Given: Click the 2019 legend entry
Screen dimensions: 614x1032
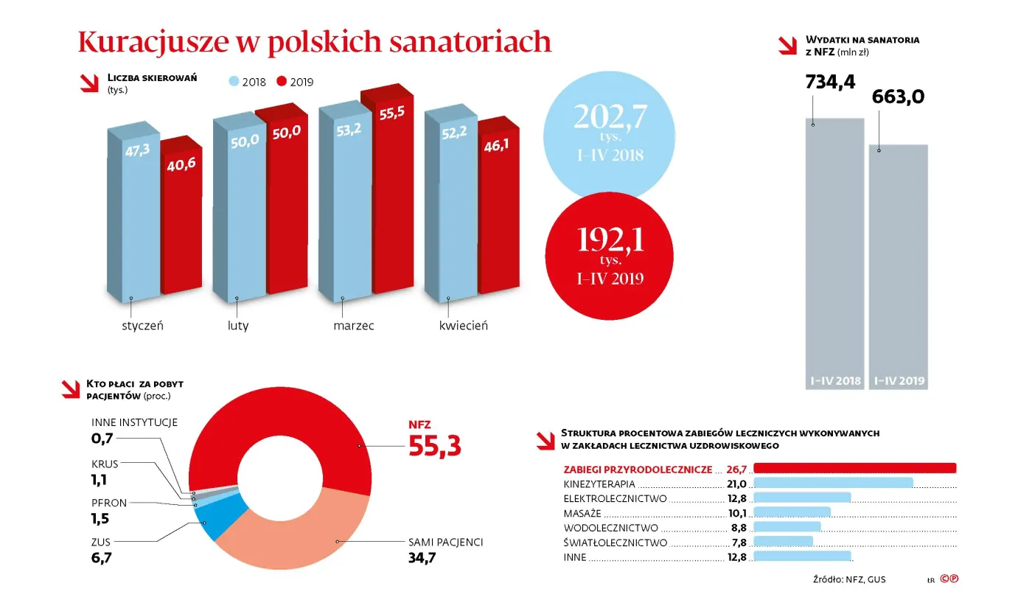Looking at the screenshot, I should tap(296, 82).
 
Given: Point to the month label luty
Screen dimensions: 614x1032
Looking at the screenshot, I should tap(237, 325).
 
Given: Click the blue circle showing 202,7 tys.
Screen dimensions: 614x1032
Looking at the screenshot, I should tap(609, 133).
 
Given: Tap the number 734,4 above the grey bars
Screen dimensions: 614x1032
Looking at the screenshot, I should tap(830, 81).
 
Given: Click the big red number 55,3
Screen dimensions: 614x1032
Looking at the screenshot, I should tap(435, 446).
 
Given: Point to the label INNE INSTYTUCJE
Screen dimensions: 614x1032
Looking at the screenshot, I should tap(135, 422).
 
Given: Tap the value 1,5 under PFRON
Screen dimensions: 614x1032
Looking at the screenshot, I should tap(100, 519).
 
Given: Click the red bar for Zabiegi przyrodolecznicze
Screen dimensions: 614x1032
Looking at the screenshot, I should tap(854, 468).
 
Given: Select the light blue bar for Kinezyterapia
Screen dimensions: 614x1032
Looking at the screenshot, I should tap(833, 483).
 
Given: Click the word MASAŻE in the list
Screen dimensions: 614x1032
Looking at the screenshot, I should tap(582, 513).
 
